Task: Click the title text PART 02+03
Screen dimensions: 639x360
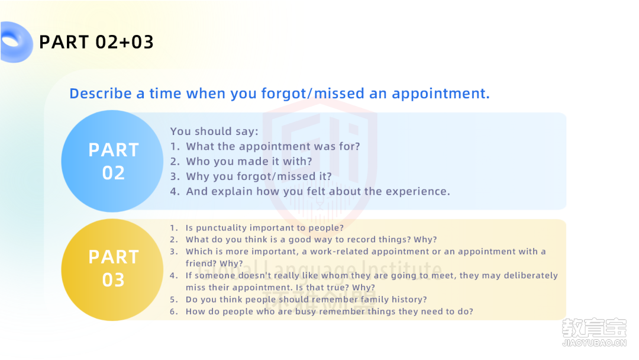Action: pyautogui.click(x=96, y=42)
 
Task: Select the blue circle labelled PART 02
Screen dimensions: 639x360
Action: pyautogui.click(x=112, y=161)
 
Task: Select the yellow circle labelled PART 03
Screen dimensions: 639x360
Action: pyautogui.click(x=112, y=270)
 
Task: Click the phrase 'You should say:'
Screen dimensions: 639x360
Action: pyautogui.click(x=214, y=131)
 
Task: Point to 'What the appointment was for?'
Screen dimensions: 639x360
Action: pyautogui.click(x=273, y=146)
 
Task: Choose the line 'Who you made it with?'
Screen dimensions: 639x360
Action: pyautogui.click(x=249, y=162)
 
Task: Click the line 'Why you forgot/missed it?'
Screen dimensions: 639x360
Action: pyautogui.click(x=259, y=176)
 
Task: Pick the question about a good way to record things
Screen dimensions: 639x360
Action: pyautogui.click(x=311, y=240)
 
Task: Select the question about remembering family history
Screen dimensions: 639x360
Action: pyautogui.click(x=306, y=300)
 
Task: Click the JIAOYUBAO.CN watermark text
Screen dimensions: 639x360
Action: pyautogui.click(x=594, y=343)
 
